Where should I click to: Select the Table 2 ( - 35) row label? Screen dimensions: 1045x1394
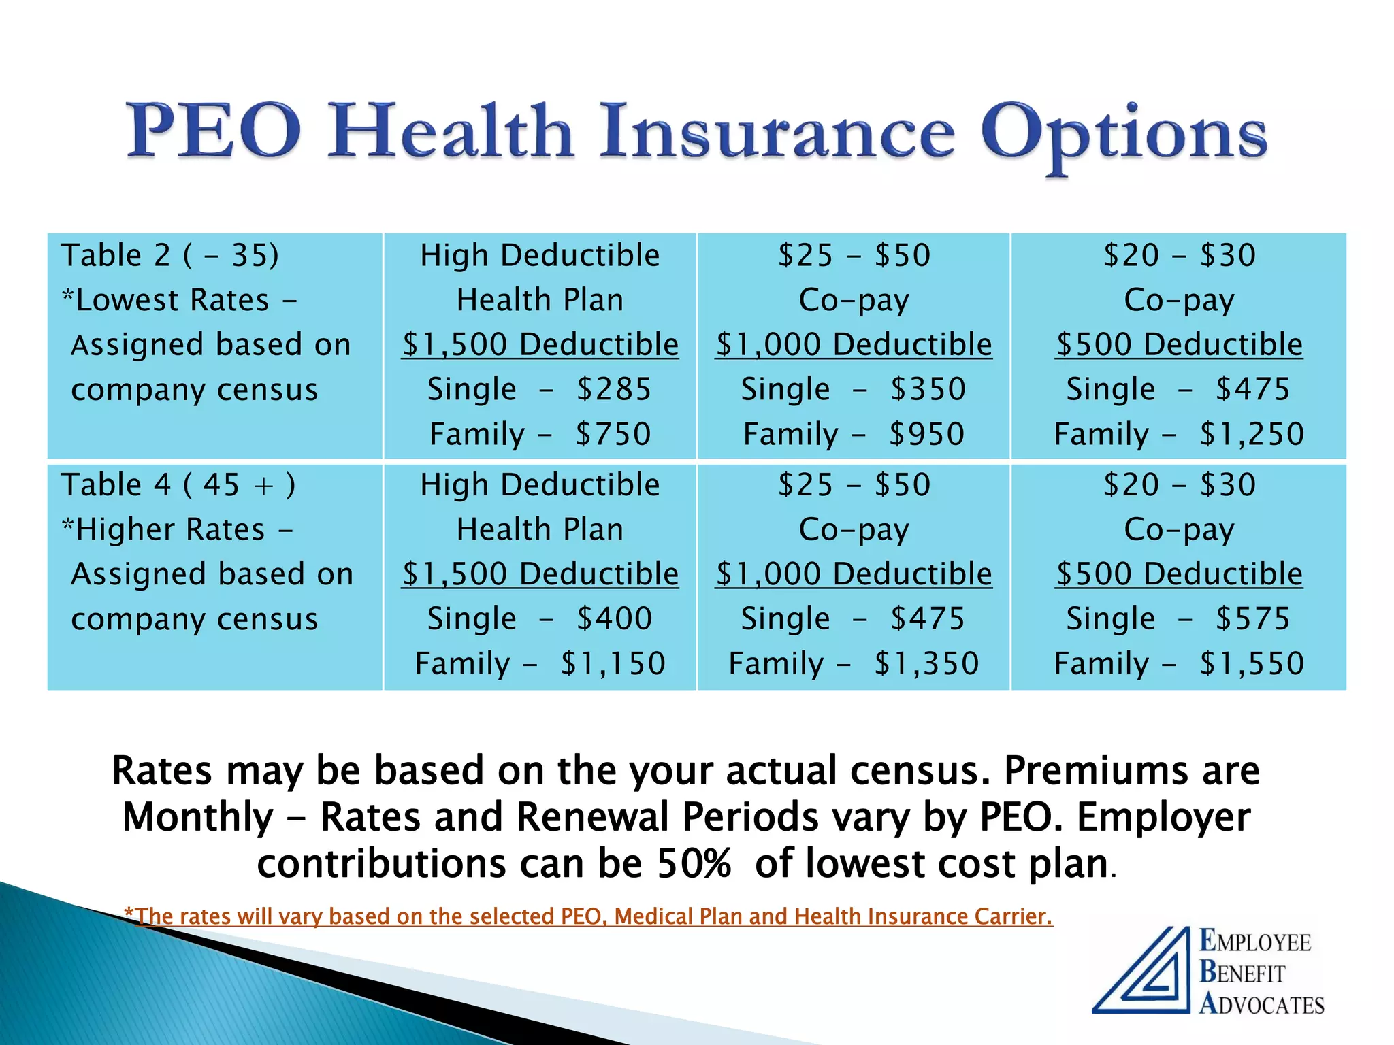coord(170,256)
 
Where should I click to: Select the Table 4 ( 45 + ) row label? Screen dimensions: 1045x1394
coord(178,485)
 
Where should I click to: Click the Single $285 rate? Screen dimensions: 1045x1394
coord(540,390)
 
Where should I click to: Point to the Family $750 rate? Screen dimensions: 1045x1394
coord(540,435)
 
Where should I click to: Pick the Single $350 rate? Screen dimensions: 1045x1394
coord(854,390)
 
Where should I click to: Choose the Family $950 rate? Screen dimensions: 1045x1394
coord(854,435)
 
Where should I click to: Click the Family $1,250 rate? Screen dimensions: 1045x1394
coord(1179,435)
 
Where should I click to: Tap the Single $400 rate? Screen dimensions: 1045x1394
coord(540,619)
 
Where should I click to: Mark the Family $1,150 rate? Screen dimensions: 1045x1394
coord(540,664)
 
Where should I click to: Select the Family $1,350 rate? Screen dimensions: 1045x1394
coord(854,664)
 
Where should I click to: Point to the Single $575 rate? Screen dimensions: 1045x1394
coord(1179,619)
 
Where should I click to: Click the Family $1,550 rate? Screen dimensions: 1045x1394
coord(1179,664)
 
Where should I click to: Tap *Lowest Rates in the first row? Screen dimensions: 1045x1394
coord(166,301)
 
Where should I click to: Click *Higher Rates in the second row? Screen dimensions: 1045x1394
coord(164,530)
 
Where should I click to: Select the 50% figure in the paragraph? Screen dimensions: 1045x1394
coord(694,864)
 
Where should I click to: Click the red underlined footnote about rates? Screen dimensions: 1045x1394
coord(589,916)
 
